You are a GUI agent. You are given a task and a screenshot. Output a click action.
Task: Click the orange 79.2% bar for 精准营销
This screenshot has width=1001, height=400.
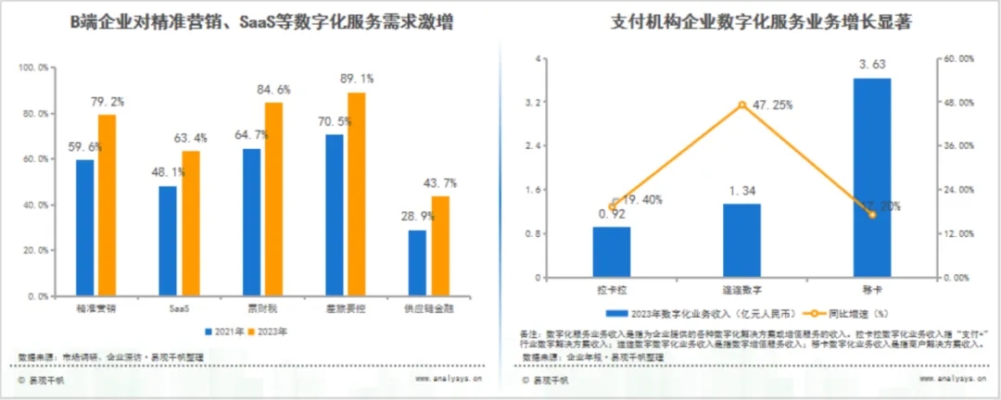pos(108,205)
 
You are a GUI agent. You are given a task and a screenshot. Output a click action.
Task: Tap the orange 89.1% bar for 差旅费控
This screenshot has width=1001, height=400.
pos(357,194)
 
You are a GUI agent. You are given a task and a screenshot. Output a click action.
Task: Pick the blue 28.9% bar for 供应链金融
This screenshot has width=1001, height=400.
pos(417,263)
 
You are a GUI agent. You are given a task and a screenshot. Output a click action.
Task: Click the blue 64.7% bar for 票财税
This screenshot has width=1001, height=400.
pos(252,222)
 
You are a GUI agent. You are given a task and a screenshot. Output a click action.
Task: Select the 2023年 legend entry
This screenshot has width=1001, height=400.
pos(267,331)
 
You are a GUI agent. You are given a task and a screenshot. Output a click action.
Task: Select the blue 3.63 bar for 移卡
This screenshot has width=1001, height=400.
pos(871,177)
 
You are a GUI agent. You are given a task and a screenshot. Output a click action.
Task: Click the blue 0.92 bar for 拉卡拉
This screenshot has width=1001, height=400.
pos(612,252)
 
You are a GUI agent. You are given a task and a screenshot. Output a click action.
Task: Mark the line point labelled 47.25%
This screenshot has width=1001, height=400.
pos(741,105)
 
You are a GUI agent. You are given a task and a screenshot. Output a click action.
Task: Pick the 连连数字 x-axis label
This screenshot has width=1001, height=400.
pos(741,290)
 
